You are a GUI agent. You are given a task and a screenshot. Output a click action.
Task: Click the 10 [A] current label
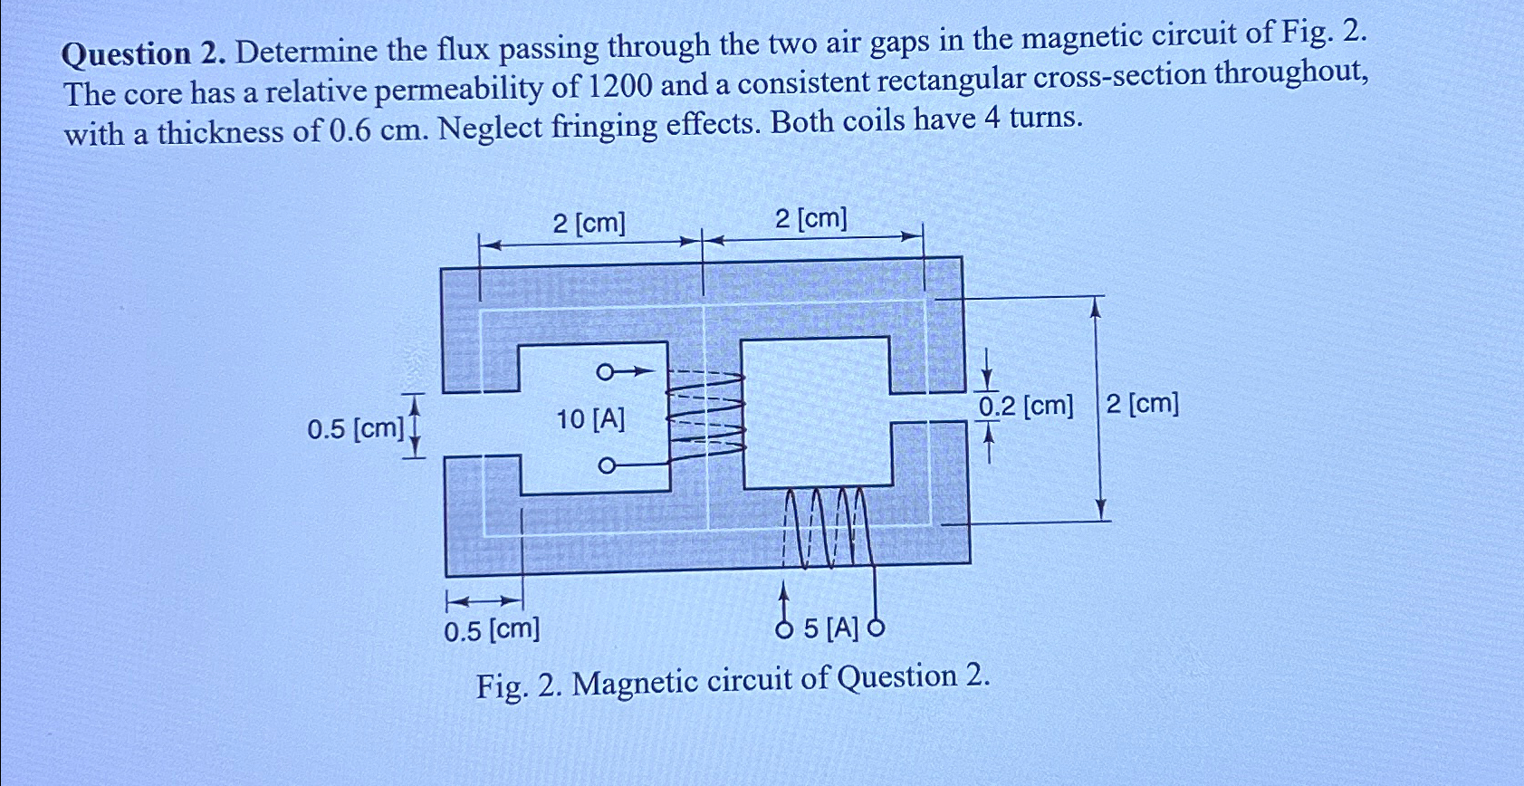click(590, 419)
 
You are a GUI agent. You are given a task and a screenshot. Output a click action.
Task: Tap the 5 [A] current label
click(830, 628)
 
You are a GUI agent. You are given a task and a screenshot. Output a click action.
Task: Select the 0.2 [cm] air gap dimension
click(1025, 407)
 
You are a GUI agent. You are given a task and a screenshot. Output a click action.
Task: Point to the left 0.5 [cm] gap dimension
click(355, 428)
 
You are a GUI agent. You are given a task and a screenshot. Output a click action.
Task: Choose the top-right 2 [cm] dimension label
click(811, 219)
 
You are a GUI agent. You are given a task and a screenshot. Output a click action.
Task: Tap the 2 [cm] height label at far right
click(1142, 403)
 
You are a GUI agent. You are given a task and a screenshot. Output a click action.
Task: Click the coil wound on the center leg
click(706, 412)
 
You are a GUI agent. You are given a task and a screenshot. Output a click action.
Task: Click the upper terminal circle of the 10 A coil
click(604, 371)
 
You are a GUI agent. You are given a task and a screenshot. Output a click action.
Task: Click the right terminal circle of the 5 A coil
click(876, 627)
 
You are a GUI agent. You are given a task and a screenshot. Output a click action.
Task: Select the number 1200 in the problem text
click(620, 86)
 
